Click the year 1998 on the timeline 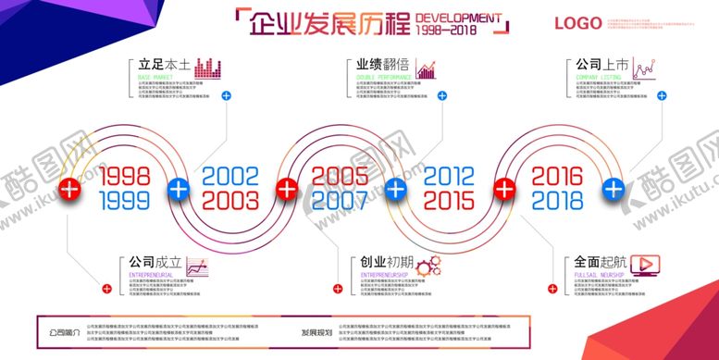click(x=124, y=176)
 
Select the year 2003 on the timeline click(x=231, y=200)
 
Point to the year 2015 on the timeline click(x=450, y=200)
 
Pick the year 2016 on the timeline click(x=558, y=176)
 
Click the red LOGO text click(x=578, y=23)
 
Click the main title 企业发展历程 click(x=328, y=24)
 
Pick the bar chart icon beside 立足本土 click(x=210, y=68)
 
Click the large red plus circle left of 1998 click(x=69, y=189)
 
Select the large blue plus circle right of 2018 click(x=613, y=189)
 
